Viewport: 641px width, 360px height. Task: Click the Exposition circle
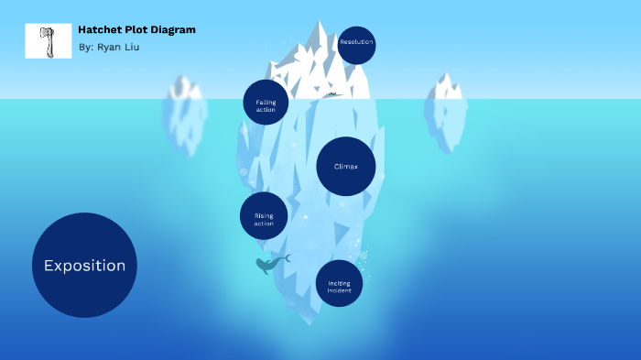[84, 265]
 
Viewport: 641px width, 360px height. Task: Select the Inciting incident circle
[339, 284]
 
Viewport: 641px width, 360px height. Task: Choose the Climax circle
[346, 167]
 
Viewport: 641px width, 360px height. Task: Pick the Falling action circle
[266, 103]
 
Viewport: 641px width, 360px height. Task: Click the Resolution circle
[356, 44]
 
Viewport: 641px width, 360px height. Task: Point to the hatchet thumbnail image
[48, 41]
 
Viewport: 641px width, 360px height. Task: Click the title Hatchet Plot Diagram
[136, 29]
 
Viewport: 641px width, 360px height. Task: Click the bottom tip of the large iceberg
[311, 321]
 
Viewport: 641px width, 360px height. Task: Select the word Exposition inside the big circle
[84, 266]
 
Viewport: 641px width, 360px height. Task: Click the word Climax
[346, 167]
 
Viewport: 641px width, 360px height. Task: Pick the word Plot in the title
[136, 29]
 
